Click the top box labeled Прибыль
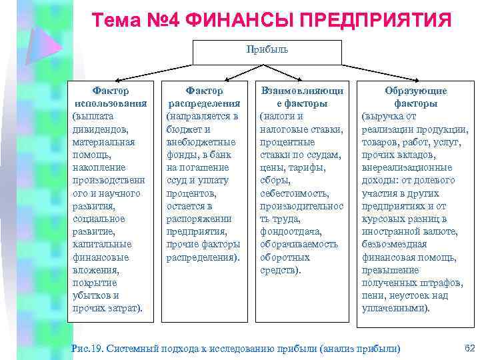click(x=267, y=51)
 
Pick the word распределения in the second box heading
click(x=204, y=103)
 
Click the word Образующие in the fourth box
click(x=415, y=91)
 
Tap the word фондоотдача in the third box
click(x=291, y=231)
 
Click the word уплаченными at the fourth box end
click(x=395, y=308)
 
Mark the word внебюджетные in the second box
click(x=201, y=141)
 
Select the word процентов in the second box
click(x=190, y=193)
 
